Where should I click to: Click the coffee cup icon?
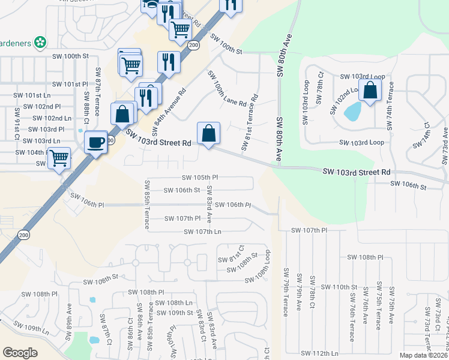[95, 142]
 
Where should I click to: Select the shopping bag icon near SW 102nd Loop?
[370, 91]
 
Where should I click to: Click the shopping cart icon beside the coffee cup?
[59, 158]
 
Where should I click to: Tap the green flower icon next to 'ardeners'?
[40, 42]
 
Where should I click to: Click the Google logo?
[20, 352]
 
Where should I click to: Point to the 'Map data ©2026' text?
[424, 355]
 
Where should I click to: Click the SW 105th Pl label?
[200, 178]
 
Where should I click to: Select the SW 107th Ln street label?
[202, 232]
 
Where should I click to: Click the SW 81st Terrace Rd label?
[250, 122]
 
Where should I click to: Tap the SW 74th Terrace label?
[391, 105]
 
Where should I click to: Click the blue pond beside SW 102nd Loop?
[353, 110]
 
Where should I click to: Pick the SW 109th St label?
[175, 313]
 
